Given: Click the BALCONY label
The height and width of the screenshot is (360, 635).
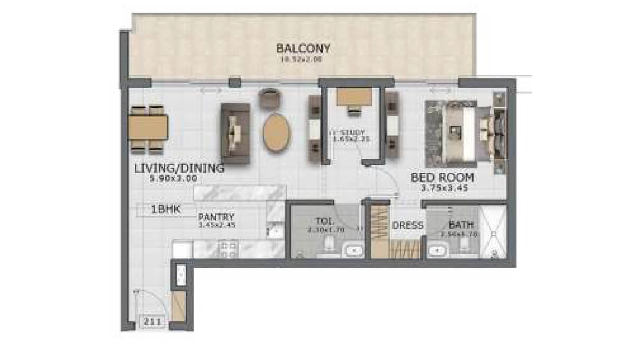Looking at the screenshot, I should (303, 49).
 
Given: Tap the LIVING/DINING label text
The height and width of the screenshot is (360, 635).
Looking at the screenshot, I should (179, 169).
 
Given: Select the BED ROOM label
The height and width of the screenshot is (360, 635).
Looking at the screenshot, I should (442, 178).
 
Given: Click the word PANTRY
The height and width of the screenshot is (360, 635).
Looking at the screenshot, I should (216, 217).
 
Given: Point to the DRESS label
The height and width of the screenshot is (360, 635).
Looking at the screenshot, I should (407, 226).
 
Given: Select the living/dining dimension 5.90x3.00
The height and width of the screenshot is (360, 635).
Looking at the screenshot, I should (174, 178).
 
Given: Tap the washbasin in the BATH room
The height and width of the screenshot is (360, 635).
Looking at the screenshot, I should (437, 249).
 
